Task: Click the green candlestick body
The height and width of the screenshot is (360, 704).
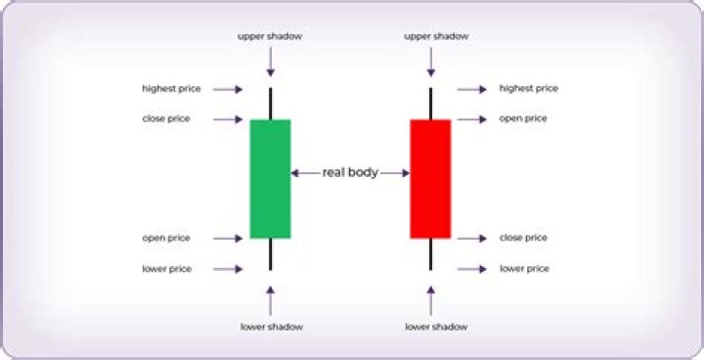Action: pos(271,178)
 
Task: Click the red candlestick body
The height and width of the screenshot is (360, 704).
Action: pos(430,178)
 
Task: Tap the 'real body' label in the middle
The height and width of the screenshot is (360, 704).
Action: pos(350,173)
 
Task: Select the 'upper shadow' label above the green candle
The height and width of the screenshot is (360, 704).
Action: pos(271,36)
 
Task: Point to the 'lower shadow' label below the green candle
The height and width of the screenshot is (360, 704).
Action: pos(271,325)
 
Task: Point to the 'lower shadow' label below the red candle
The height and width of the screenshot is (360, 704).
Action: pos(430,325)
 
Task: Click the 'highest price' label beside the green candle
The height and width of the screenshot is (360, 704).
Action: pos(171,89)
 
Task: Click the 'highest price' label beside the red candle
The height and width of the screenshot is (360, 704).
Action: pos(529,89)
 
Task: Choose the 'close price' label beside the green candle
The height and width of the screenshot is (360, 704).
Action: pos(166,119)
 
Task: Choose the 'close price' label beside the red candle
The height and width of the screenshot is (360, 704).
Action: pos(524,238)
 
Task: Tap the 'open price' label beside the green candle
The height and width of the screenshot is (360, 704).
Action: pos(166,238)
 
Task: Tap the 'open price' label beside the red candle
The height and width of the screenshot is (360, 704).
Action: pos(524,119)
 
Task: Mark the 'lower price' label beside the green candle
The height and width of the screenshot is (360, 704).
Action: pos(167,268)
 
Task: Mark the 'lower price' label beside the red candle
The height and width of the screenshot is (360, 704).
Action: pos(525,268)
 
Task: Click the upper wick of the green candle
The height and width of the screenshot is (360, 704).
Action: pos(271,104)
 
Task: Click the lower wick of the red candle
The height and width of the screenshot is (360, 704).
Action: pos(430,253)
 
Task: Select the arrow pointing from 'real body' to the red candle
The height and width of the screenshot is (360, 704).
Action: pos(394,173)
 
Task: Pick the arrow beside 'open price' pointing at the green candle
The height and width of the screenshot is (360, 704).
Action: pos(228,238)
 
